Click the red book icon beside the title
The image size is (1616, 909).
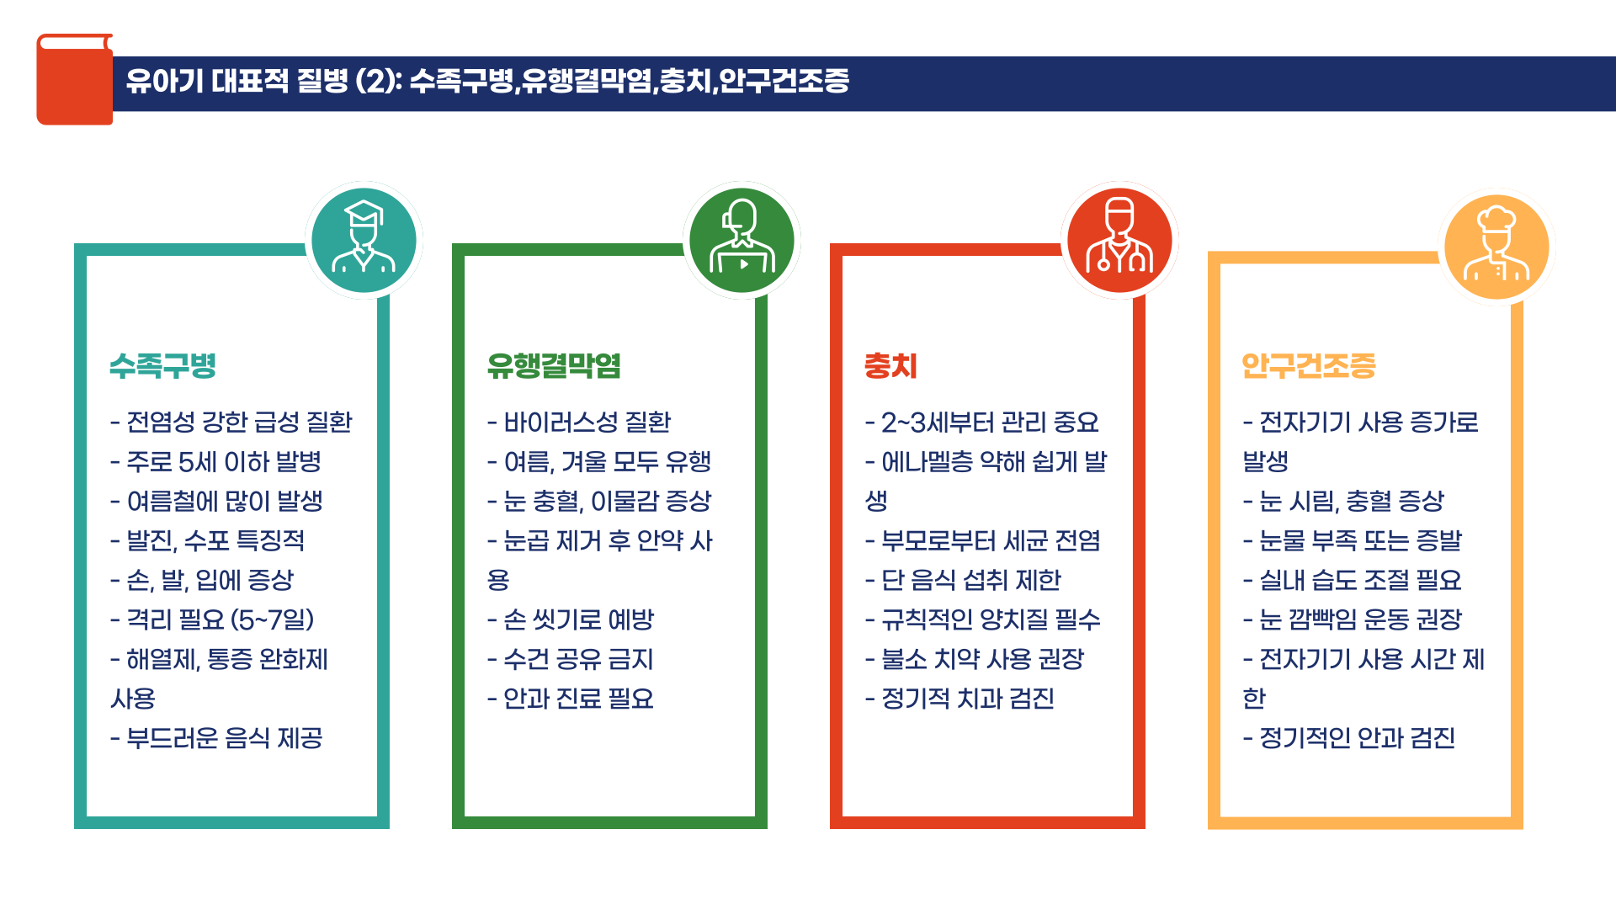74,80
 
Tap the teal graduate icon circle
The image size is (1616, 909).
364,240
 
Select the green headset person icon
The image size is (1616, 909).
742,240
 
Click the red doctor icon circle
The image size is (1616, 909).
1119,240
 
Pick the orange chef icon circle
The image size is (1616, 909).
1496,247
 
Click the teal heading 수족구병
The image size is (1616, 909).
163,366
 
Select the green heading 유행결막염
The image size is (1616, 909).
554,366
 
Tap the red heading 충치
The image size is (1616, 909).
890,366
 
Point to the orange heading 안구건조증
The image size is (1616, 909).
1309,366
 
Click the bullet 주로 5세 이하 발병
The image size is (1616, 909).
216,462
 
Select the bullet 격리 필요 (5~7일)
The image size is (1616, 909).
212,620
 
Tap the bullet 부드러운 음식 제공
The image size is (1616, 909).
216,739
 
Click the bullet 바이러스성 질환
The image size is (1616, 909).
579,423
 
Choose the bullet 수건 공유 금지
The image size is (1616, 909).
571,660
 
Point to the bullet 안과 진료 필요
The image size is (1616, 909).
571,699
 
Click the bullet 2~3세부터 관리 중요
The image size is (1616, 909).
982,423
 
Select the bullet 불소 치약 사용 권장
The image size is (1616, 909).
975,660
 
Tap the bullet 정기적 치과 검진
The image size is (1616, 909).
959,699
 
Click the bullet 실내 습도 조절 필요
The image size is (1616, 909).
1352,581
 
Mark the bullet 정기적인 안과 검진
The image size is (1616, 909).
1349,739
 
